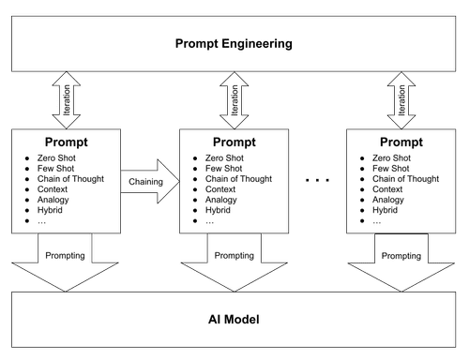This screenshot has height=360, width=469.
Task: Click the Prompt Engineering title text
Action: [x=234, y=43]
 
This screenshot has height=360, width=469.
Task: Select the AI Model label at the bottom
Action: [x=234, y=320]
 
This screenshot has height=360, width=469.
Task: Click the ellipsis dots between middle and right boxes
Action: [x=320, y=179]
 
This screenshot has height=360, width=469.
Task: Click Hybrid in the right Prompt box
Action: [x=386, y=210]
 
